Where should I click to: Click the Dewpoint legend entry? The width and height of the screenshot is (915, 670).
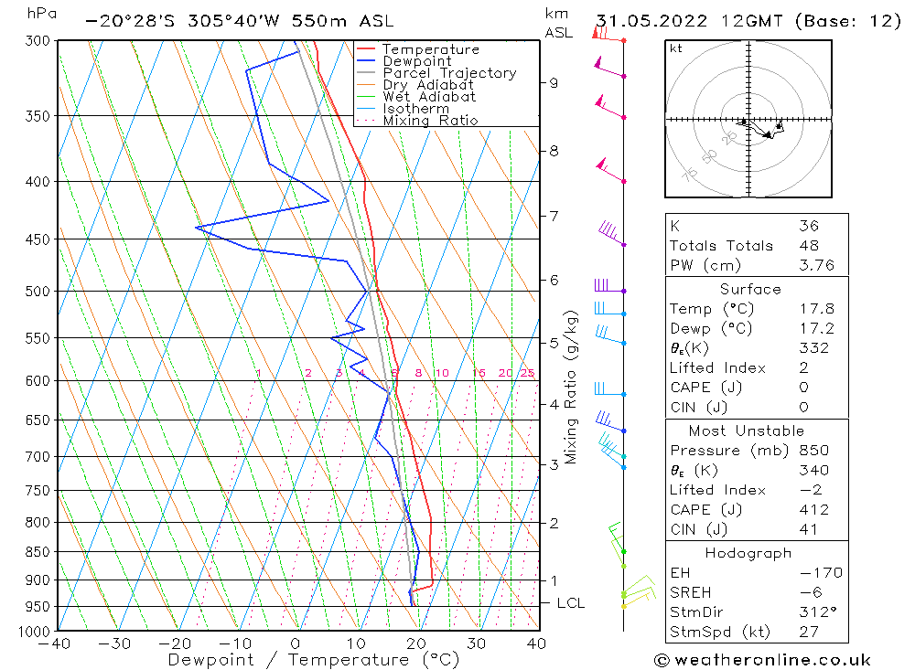point(416,61)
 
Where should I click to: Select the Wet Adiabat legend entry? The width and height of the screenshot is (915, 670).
point(429,97)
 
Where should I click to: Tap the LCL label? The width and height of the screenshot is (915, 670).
point(570,603)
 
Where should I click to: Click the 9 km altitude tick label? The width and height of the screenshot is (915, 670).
point(554,82)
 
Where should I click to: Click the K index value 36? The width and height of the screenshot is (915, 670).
point(808,226)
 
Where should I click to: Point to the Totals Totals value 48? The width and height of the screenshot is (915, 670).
point(808,245)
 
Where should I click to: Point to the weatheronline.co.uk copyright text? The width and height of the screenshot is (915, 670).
point(761,660)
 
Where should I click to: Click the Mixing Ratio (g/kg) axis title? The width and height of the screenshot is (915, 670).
point(573,387)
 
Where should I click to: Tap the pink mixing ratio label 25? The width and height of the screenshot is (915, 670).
point(528,373)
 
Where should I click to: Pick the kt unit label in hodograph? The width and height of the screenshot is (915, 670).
point(675,48)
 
